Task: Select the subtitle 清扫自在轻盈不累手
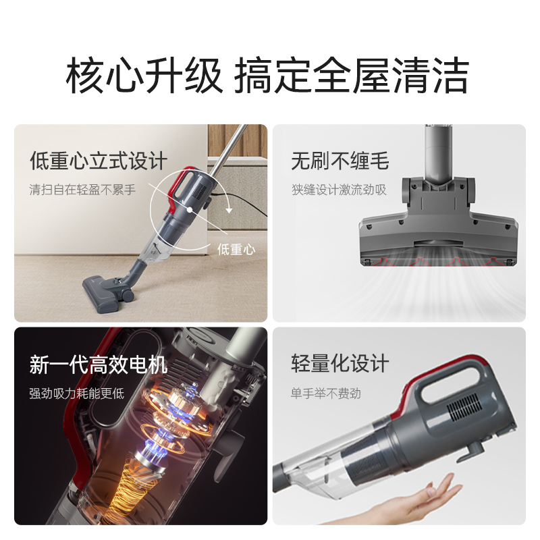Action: (x=82, y=190)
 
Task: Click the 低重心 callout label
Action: (x=236, y=249)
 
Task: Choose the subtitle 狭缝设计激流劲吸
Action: (x=339, y=190)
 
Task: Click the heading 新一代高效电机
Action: (x=99, y=365)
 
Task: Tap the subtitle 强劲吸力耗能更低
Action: (x=76, y=393)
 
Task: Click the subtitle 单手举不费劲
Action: (x=326, y=393)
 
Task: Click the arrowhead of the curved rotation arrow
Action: (x=229, y=210)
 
